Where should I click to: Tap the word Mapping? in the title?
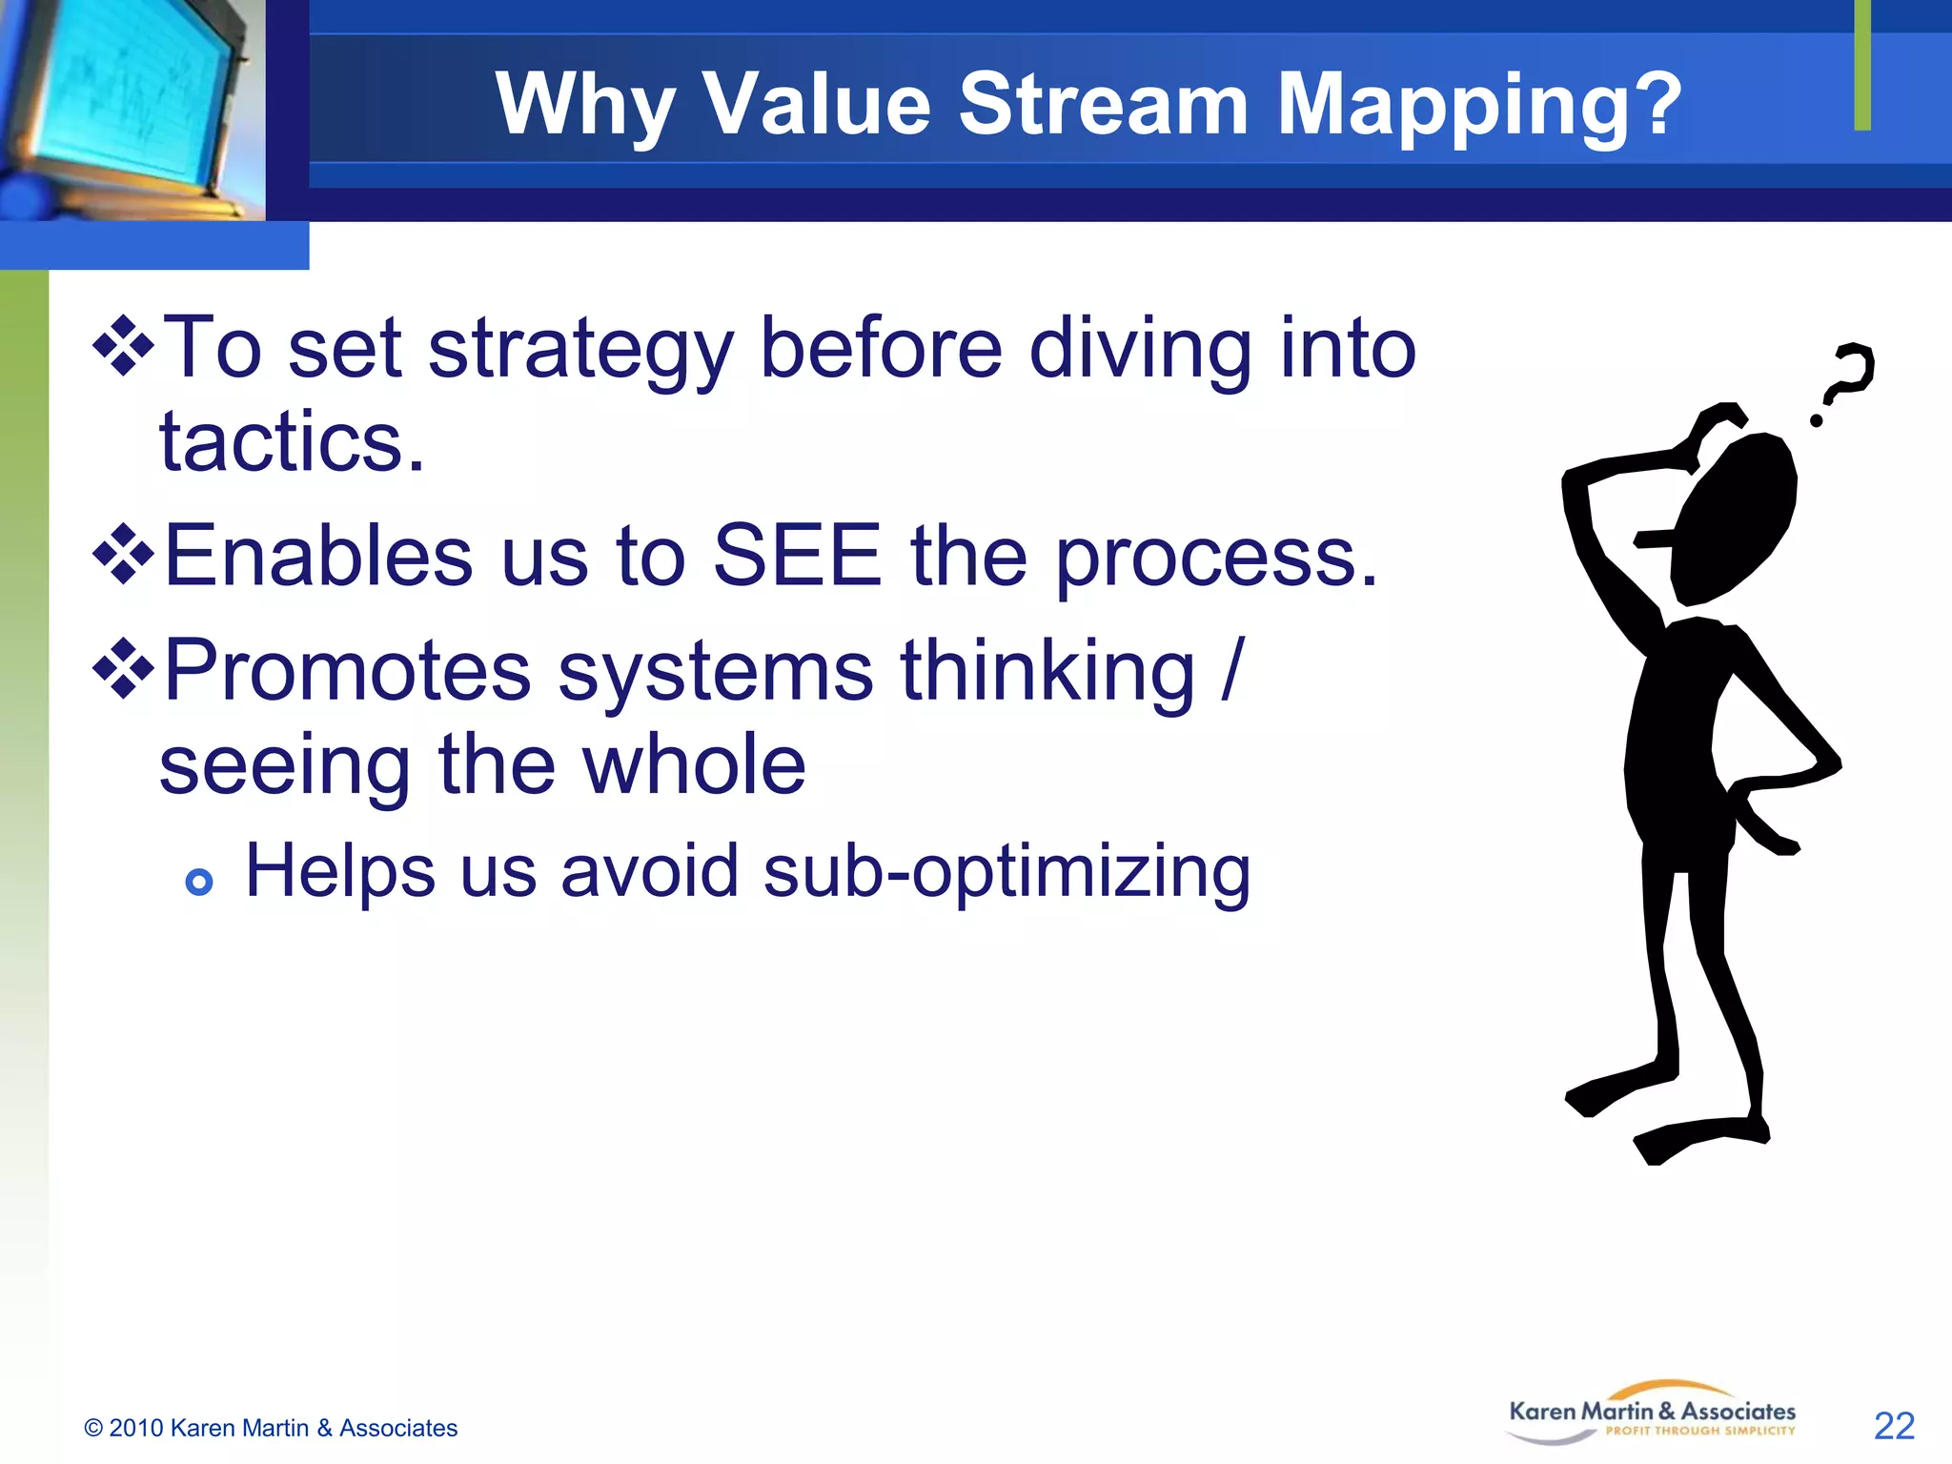(1478, 107)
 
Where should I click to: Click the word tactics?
(291, 442)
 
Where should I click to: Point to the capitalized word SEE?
(797, 557)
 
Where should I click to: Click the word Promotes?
(347, 671)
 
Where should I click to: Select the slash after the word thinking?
(1232, 671)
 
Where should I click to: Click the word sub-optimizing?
(1006, 873)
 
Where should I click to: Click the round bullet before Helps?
(199, 882)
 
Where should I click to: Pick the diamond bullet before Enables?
(123, 553)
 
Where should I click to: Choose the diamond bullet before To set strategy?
(123, 346)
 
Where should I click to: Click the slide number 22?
(1894, 1426)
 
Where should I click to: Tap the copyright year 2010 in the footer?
(136, 1428)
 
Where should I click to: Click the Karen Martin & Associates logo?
(1652, 1413)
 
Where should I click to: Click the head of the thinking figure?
(1735, 519)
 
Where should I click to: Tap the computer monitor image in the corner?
(129, 105)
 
